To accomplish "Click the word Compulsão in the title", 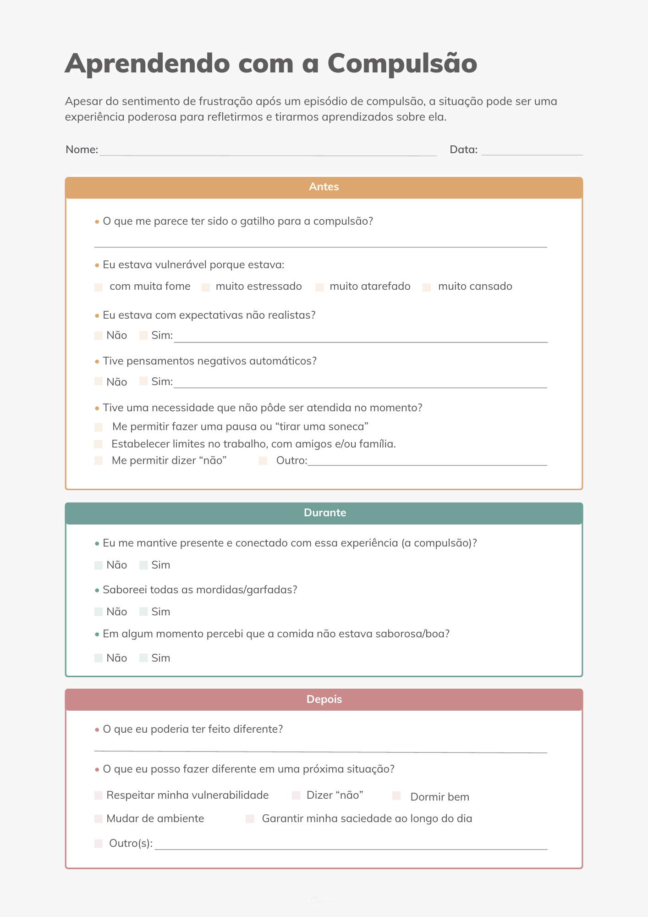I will click(402, 63).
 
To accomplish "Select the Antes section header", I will click(324, 187).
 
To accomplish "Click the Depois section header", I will click(324, 700).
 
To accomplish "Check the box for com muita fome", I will click(99, 287).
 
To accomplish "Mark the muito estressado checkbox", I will click(206, 287).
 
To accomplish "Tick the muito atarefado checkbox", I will click(320, 287).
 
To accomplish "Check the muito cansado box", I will click(427, 287).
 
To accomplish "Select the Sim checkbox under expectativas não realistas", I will click(143, 336).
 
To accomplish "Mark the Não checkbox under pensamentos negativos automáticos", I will click(99, 381).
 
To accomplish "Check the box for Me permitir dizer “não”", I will click(99, 461).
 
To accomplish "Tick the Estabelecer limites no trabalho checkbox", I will click(99, 444).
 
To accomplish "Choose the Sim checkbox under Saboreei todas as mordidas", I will click(143, 612).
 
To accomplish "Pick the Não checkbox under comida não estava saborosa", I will click(99, 658).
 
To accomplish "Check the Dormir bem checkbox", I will click(396, 796).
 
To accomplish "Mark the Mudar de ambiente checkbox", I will click(99, 819).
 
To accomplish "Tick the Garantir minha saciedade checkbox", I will click(250, 819).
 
